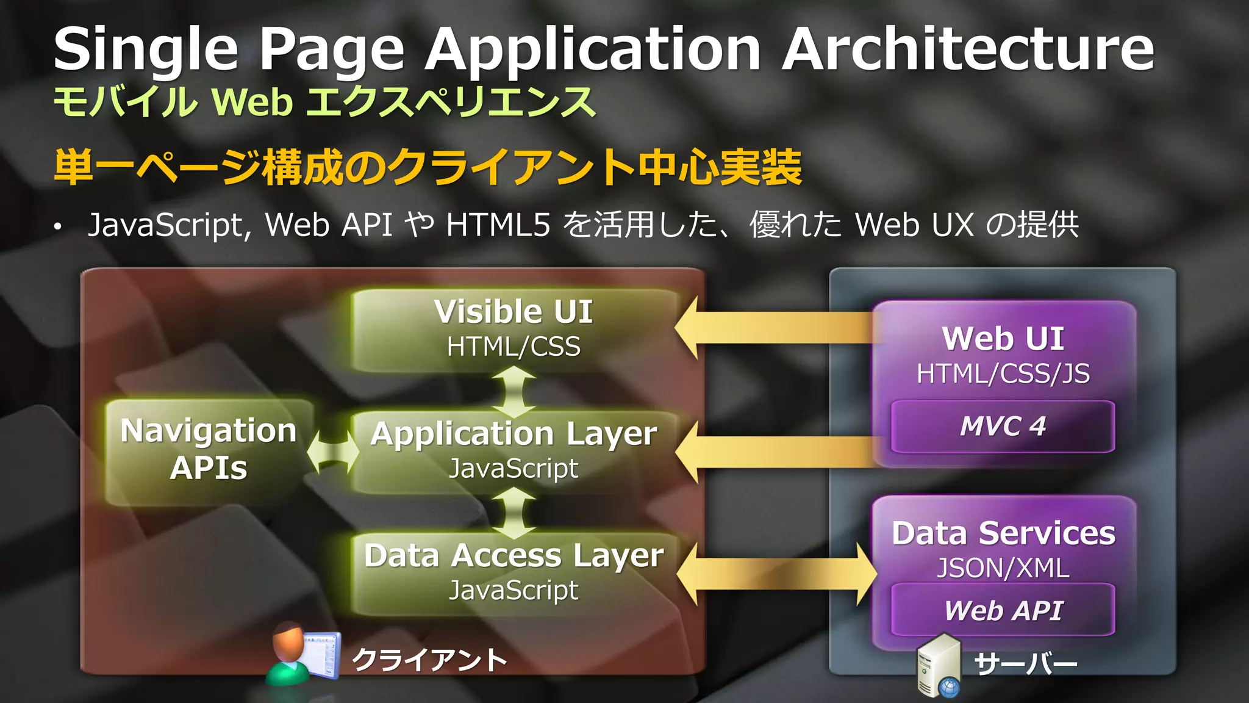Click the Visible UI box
coord(514,330)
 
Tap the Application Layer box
coord(514,452)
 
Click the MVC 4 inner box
coord(1003,427)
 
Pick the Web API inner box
coord(1003,610)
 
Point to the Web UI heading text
coord(1003,339)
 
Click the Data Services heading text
coord(1003,533)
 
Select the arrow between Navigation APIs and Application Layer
coord(332,452)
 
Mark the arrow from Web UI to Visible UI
coord(775,328)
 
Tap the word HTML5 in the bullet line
coord(498,225)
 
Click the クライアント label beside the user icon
coord(429,660)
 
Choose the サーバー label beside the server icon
coord(1025,664)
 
